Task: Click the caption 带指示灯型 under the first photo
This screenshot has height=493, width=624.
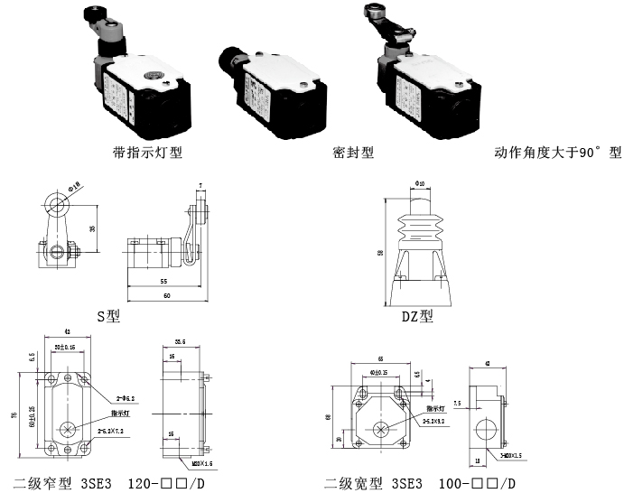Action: (x=147, y=153)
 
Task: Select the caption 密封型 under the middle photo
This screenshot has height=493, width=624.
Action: (x=352, y=153)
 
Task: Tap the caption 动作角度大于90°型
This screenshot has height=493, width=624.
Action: (x=558, y=153)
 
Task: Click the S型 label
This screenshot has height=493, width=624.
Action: (x=107, y=316)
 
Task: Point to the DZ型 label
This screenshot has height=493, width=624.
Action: (x=417, y=316)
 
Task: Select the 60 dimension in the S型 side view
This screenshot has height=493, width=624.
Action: (x=166, y=295)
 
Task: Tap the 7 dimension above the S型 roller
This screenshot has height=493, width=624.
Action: (x=200, y=186)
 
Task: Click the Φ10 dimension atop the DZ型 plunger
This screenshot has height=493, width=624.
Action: (x=420, y=184)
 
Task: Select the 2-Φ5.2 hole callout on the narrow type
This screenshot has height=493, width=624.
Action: (x=126, y=397)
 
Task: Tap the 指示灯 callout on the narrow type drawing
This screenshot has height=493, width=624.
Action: (x=120, y=411)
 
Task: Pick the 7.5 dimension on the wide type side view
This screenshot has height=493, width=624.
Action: (x=459, y=404)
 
